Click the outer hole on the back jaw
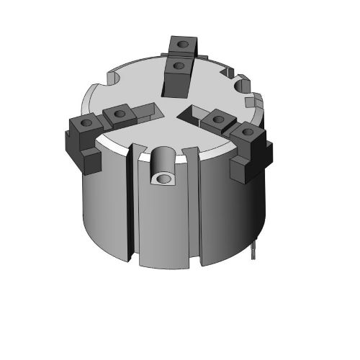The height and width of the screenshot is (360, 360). [184, 43]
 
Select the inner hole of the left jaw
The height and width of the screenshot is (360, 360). [117, 113]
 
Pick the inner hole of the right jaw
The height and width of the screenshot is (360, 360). [215, 118]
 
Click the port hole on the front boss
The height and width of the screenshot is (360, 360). [166, 177]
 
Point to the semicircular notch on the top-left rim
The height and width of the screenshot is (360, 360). [114, 75]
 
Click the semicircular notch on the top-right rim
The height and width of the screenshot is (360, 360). [241, 86]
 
